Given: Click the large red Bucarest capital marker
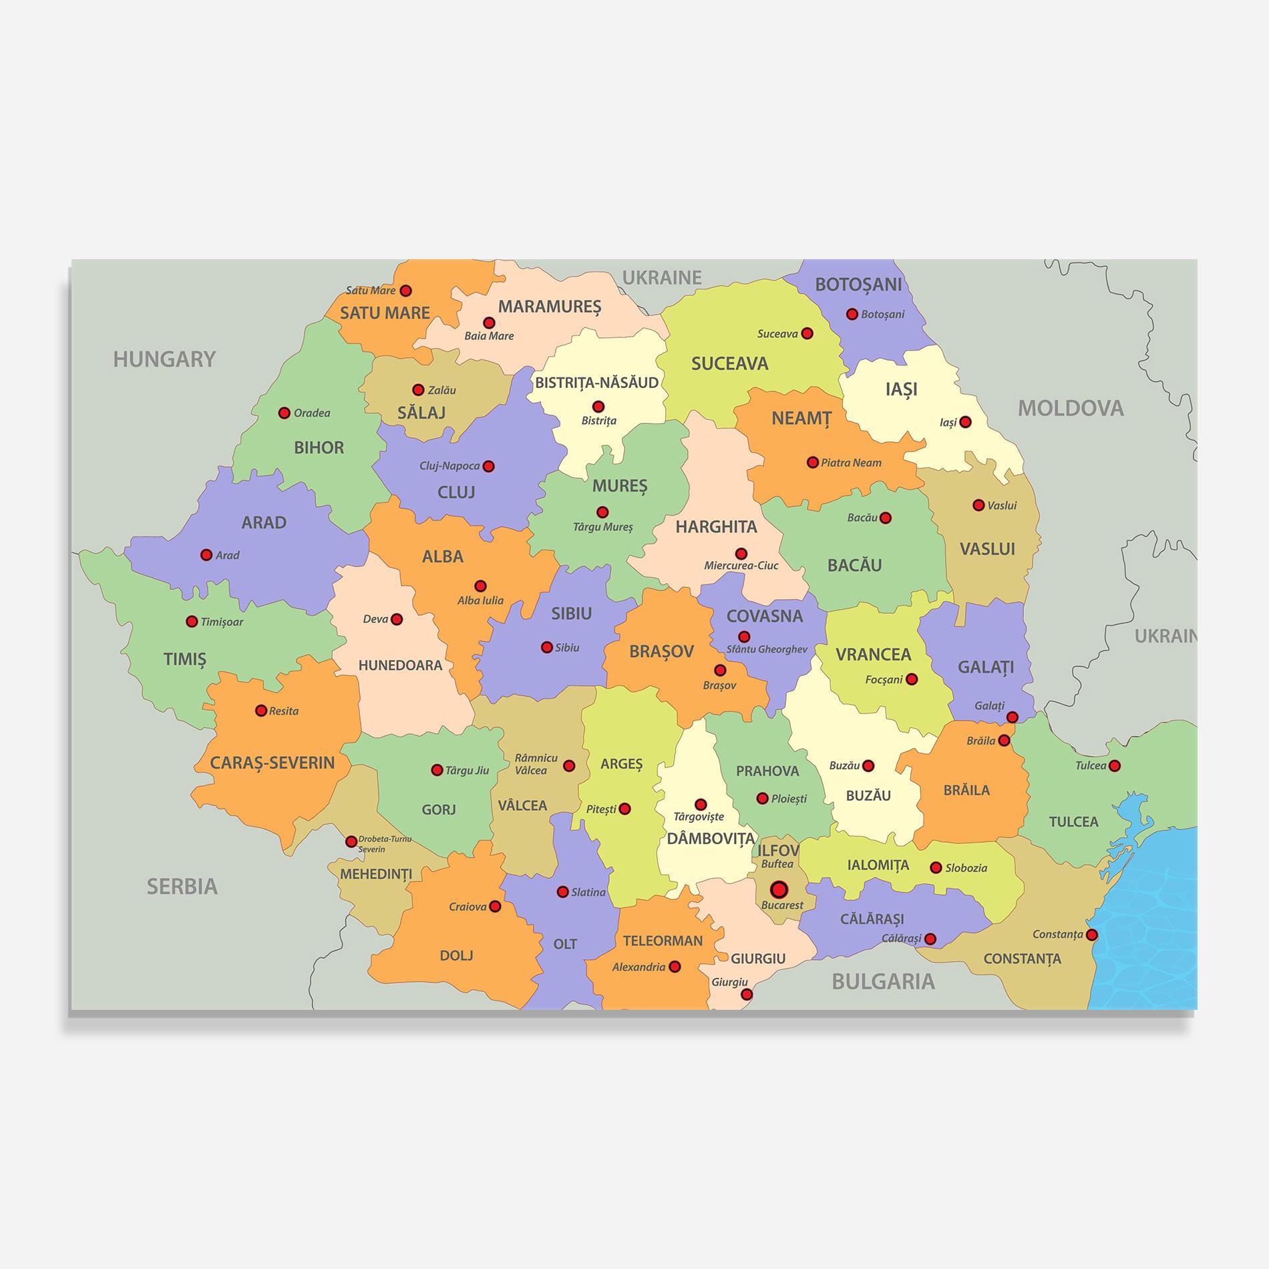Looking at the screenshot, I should (x=779, y=890).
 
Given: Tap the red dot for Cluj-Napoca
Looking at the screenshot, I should (x=488, y=466).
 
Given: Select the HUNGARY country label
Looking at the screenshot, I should (x=164, y=359).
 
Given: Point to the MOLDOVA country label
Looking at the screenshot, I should (x=1071, y=408).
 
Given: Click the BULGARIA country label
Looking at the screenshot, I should (x=883, y=981).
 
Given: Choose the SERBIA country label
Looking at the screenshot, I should (x=182, y=886).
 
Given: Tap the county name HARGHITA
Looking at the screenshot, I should (x=716, y=527).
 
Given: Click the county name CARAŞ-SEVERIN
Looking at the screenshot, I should (x=273, y=763).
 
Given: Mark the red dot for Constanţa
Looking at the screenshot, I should (x=1091, y=934).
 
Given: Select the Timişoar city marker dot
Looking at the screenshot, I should (x=192, y=622).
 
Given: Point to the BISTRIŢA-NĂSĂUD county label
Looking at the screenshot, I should (x=596, y=383).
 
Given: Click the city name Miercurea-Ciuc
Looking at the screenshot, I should (x=741, y=566).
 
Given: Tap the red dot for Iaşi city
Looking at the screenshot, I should (x=965, y=422).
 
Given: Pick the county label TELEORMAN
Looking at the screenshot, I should (x=663, y=941).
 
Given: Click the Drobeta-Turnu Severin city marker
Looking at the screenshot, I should (x=351, y=842).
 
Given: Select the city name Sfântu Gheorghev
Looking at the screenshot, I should (x=767, y=649).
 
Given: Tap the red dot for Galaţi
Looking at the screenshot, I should (x=1012, y=717).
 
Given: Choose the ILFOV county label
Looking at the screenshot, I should (x=778, y=850).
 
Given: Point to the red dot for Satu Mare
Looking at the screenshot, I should (x=405, y=291).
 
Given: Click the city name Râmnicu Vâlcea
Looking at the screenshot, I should (x=536, y=764).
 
